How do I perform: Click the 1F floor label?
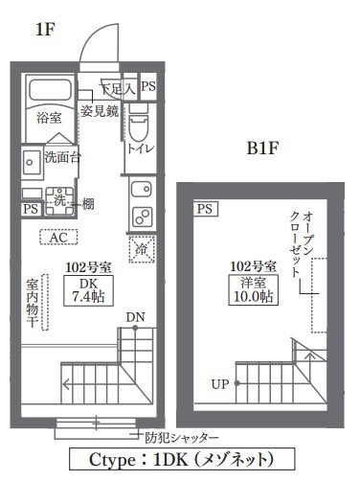[x=45, y=31]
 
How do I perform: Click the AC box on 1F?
[x=58, y=237]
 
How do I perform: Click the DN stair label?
[x=135, y=317]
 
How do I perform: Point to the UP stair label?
[x=220, y=384]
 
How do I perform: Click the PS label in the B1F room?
[x=203, y=209]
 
